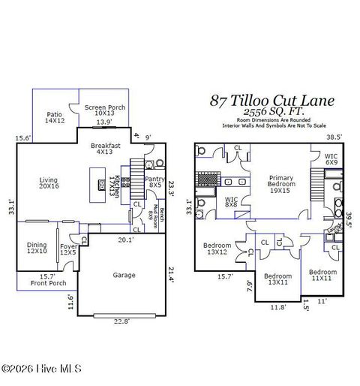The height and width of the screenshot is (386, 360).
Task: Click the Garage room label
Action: click(x=124, y=275)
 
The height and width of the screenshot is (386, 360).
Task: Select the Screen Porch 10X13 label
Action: click(x=104, y=111)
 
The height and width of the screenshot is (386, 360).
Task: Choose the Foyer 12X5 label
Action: click(x=68, y=248)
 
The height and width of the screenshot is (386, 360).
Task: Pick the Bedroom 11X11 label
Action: click(x=324, y=275)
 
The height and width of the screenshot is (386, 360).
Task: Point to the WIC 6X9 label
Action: click(x=331, y=159)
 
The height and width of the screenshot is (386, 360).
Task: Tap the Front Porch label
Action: click(x=48, y=283)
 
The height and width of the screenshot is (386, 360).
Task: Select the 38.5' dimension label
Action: click(x=333, y=137)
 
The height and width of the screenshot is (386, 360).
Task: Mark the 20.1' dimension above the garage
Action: click(x=127, y=240)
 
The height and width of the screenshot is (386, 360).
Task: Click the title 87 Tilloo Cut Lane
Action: click(x=272, y=101)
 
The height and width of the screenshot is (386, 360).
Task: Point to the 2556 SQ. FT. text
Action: click(x=272, y=112)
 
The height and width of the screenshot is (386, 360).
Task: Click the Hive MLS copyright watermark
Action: click(x=41, y=369)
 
